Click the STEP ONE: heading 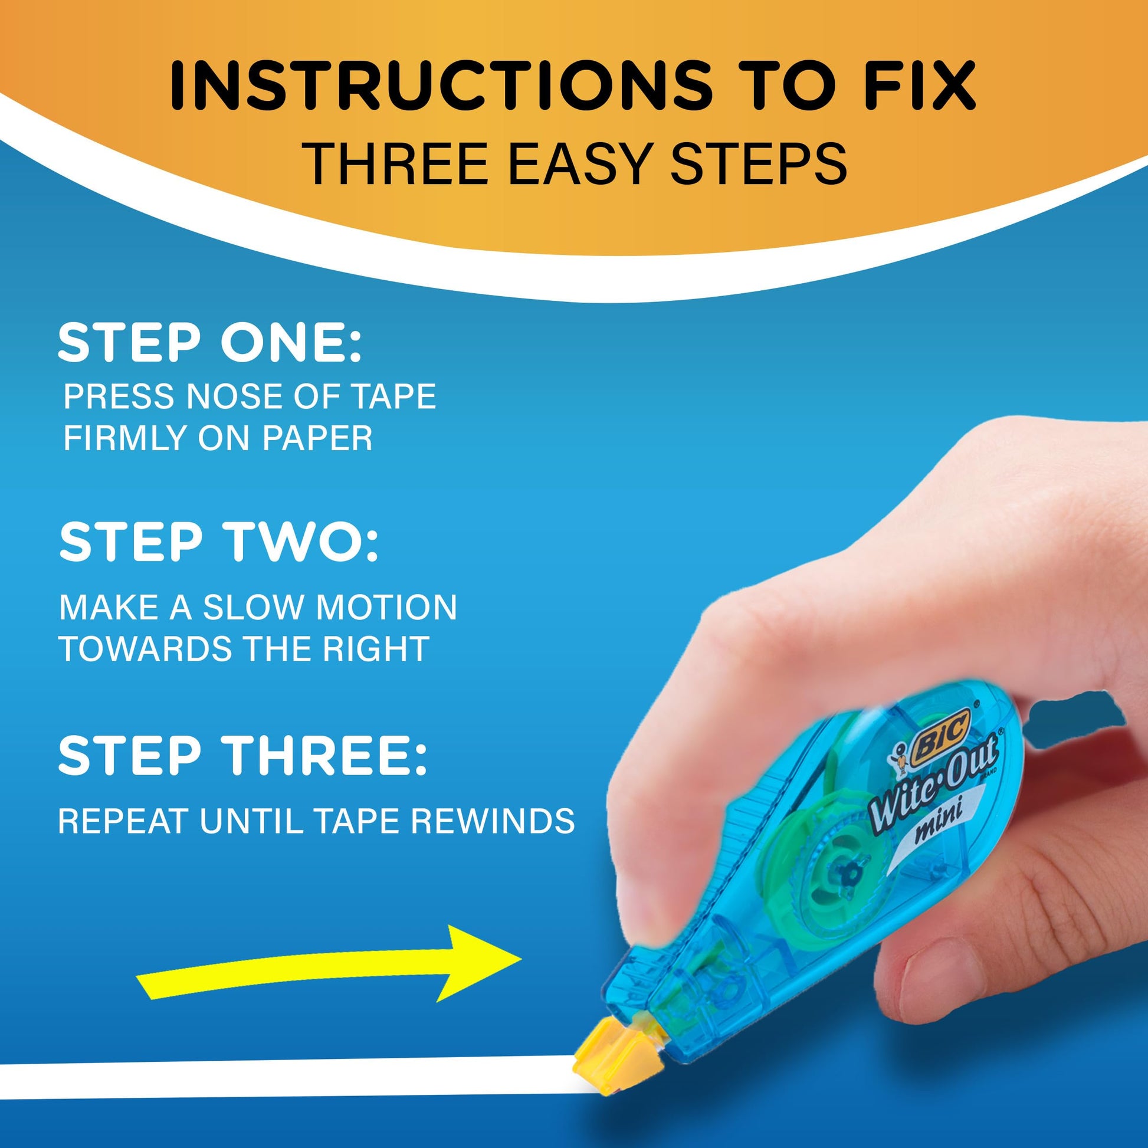(209, 343)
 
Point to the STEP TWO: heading (218, 542)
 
